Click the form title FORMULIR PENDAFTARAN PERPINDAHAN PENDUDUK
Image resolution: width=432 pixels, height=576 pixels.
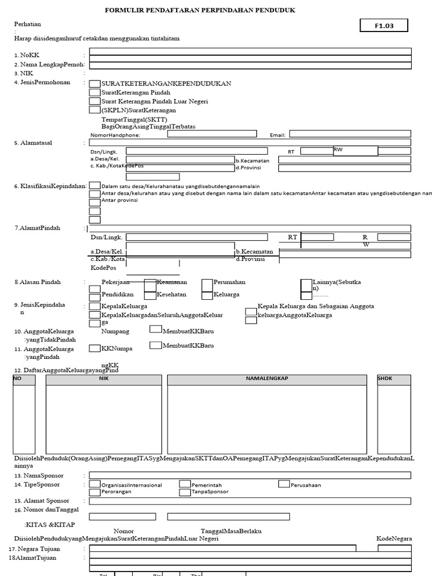click(x=200, y=10)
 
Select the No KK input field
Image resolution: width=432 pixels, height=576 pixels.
click(x=250, y=51)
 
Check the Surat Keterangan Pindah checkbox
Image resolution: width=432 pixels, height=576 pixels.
click(x=95, y=92)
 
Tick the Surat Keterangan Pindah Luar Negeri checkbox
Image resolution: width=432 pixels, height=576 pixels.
click(x=95, y=101)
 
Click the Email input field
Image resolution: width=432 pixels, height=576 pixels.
click(x=350, y=134)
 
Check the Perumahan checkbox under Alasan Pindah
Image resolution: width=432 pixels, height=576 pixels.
click(x=207, y=284)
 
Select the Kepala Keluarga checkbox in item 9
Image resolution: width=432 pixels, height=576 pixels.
click(x=95, y=306)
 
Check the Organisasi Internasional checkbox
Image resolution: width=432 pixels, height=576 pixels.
click(x=95, y=484)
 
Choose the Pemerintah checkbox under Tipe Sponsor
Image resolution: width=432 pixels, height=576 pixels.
click(x=184, y=484)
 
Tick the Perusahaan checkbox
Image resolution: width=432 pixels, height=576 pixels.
click(x=283, y=484)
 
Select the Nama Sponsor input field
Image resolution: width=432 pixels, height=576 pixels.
click(x=250, y=475)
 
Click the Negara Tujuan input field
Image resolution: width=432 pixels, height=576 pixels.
click(x=222, y=548)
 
